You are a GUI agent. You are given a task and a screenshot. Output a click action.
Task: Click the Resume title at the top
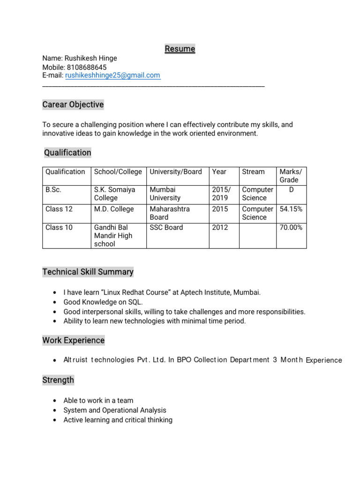point(180,49)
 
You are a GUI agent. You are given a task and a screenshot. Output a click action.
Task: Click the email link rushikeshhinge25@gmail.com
point(112,75)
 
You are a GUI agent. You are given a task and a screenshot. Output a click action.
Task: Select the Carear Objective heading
point(73,105)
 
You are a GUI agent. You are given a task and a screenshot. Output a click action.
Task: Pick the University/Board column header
point(176,172)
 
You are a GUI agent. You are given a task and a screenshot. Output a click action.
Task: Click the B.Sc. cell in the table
point(53,190)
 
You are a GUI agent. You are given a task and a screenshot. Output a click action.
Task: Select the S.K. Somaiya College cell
point(115,194)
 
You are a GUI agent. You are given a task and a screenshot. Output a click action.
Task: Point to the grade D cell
point(292,190)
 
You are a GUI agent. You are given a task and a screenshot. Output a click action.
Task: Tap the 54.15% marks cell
point(291,209)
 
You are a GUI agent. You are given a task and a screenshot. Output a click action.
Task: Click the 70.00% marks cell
point(291,227)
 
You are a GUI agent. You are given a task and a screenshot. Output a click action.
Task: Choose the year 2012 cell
point(220,227)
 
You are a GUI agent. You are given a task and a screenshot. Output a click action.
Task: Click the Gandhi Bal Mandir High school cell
point(113,236)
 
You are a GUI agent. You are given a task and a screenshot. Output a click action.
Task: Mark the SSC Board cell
point(166,227)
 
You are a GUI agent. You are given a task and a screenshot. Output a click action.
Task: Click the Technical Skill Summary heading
point(88,272)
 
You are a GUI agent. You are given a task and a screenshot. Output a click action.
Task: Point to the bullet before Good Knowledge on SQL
point(56,302)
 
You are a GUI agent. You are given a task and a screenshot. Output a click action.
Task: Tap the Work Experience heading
point(73,340)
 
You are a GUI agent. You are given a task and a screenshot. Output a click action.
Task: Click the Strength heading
point(58,380)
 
